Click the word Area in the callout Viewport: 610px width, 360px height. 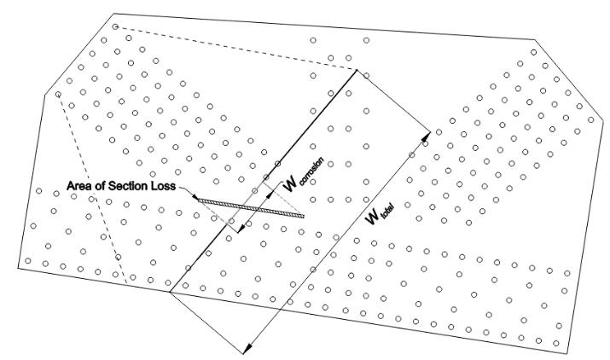(x=82, y=187)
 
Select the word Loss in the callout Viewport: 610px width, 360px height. (x=163, y=187)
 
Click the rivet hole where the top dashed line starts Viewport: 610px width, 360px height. (x=114, y=27)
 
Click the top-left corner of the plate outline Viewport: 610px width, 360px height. (x=113, y=14)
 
